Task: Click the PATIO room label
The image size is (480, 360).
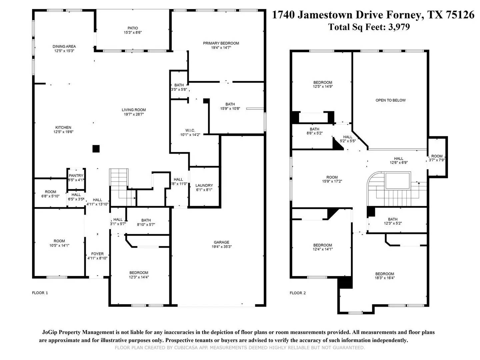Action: tap(132, 28)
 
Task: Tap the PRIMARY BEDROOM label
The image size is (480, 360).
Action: tap(221, 43)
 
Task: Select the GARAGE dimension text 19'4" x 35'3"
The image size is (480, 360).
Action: tap(221, 247)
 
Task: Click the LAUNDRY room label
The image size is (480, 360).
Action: tap(204, 185)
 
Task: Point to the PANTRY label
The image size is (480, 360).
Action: tap(76, 176)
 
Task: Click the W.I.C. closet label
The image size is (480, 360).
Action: tap(190, 130)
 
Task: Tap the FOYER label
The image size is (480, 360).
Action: tap(97, 254)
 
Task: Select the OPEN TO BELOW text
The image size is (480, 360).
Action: tap(390, 100)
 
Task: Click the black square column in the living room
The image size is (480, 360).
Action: tap(96, 149)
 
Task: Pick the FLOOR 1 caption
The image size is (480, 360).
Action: tap(40, 293)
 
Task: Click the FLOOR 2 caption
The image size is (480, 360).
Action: tap(298, 293)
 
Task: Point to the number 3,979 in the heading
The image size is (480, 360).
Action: tap(399, 27)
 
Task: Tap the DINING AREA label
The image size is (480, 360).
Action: tap(64, 46)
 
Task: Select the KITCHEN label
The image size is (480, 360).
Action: tap(63, 127)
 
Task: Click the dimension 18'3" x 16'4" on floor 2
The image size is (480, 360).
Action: tap(385, 278)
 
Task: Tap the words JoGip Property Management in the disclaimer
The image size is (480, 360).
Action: tap(78, 332)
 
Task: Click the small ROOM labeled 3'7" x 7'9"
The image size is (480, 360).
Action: tap(437, 156)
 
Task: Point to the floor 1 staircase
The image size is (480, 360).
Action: tap(119, 183)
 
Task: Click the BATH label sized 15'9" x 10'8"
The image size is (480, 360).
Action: tap(230, 104)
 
